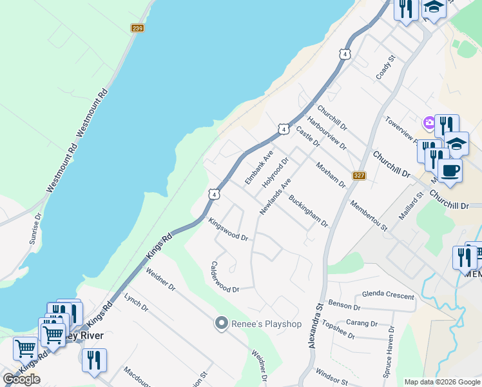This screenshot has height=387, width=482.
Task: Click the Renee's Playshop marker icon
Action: click(x=222, y=323)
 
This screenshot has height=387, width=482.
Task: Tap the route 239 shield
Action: click(x=137, y=28)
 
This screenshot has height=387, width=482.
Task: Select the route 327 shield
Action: click(x=360, y=176)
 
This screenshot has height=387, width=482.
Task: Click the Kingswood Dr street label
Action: click(x=228, y=229)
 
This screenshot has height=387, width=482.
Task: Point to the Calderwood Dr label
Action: click(x=225, y=277)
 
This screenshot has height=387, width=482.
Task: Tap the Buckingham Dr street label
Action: click(x=309, y=212)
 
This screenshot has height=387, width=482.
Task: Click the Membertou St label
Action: click(x=369, y=215)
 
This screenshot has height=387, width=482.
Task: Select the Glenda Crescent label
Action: click(x=388, y=294)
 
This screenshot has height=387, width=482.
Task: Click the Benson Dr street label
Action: click(x=343, y=303)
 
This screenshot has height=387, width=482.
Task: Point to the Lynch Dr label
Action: click(x=136, y=304)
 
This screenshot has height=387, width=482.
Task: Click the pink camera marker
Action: click(x=428, y=123)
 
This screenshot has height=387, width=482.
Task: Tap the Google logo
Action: click(x=21, y=379)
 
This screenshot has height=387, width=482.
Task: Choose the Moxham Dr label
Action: click(x=331, y=175)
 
